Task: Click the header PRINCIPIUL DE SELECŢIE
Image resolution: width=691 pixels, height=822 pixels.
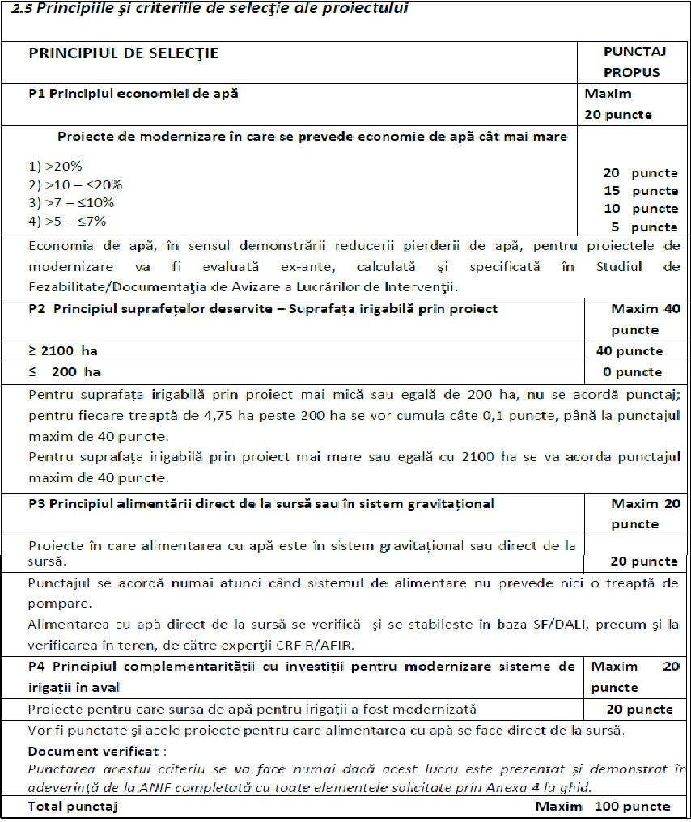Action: [x=123, y=53]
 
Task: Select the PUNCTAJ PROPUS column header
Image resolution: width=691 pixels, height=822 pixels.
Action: [x=634, y=61]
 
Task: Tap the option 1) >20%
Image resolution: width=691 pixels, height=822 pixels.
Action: [x=55, y=167]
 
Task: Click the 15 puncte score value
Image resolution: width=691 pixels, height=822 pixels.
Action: [x=640, y=191]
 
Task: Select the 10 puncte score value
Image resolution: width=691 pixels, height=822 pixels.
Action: [x=640, y=209]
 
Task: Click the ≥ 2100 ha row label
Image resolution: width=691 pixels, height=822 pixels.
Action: [x=63, y=351]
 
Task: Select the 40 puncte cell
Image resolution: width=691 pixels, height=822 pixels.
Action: [x=629, y=351]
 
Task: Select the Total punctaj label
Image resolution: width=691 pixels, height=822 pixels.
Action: [x=73, y=806]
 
